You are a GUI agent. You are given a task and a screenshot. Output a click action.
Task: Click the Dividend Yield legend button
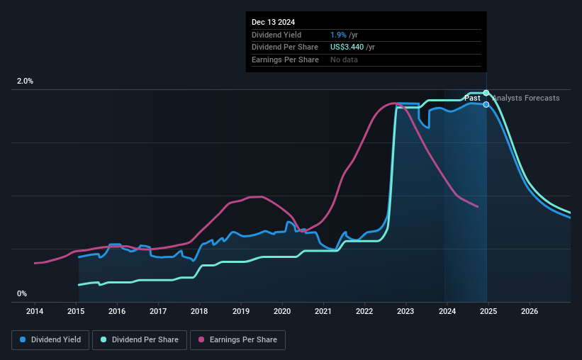coord(51,340)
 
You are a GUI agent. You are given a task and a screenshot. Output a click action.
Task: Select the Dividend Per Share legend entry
coord(142,340)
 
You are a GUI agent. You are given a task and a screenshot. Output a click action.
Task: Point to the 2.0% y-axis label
coord(25,81)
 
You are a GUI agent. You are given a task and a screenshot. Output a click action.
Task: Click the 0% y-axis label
coord(22,293)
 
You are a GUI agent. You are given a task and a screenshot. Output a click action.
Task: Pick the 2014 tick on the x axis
coord(35,311)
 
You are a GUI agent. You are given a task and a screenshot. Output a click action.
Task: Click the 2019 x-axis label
coord(241,311)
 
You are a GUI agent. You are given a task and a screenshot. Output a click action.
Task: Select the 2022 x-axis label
coord(364,311)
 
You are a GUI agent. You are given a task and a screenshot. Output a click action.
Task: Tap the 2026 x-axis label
coord(530,311)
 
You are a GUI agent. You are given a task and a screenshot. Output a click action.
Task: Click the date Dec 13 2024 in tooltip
coord(274,22)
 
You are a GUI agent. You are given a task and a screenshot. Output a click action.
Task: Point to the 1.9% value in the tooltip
coord(338,35)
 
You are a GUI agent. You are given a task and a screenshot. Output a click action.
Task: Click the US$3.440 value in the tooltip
coord(349,47)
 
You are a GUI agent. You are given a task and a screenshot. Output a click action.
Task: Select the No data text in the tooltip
coord(344,60)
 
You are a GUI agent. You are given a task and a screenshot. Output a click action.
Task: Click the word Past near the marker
coord(472,98)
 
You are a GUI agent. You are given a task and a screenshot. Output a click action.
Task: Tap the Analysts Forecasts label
coord(525,98)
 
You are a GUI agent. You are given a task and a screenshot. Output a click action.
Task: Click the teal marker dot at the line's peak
coord(486,93)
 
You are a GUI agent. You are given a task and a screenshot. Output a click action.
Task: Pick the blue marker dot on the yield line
coord(486,104)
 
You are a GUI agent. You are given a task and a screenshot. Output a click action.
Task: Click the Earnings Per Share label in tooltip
coord(285,60)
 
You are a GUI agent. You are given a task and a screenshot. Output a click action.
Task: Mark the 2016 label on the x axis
coord(117,311)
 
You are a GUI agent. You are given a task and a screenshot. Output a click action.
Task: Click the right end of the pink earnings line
coord(478,207)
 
